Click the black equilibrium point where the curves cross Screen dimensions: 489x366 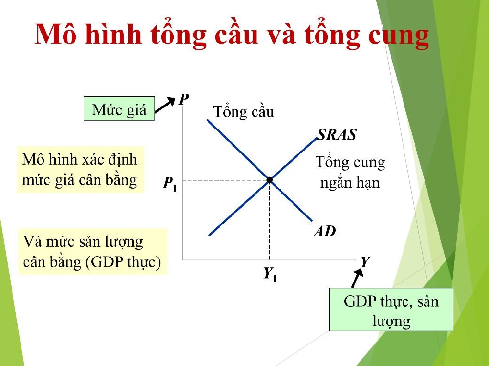click(x=270, y=180)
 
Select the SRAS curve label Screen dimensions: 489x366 click(x=337, y=135)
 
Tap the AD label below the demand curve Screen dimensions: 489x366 click(x=325, y=231)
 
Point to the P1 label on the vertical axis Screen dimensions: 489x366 click(x=170, y=184)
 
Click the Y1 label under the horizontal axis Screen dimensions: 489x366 click(x=270, y=274)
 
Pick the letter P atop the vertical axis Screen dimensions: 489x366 click(x=184, y=99)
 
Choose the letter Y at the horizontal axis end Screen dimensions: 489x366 click(x=365, y=261)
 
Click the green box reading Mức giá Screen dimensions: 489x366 click(x=120, y=108)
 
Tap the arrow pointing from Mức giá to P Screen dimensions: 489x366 click(x=165, y=105)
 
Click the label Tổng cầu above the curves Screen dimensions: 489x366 click(x=243, y=112)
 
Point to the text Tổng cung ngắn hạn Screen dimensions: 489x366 click(x=350, y=172)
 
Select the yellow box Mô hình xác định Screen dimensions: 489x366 click(x=80, y=170)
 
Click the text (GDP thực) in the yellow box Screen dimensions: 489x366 click(x=123, y=262)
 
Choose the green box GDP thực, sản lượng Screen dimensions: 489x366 click(x=391, y=309)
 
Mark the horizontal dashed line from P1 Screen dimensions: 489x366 click(x=226, y=180)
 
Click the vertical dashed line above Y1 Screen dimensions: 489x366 click(x=270, y=220)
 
